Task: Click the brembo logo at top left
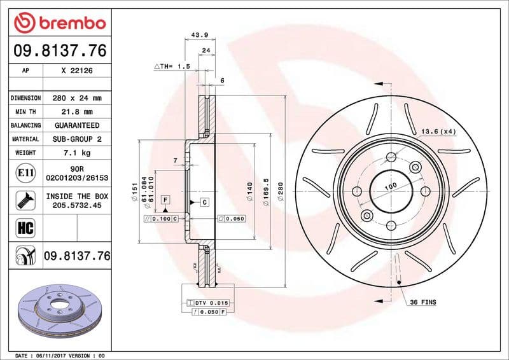click(59, 23)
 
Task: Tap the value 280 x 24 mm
click(77, 99)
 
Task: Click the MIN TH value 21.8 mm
click(77, 112)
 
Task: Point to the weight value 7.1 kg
click(77, 153)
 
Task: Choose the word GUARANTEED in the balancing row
click(77, 125)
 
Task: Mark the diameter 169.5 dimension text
click(266, 188)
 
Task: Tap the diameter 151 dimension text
click(135, 188)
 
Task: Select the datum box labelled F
click(165, 200)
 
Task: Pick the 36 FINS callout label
click(423, 302)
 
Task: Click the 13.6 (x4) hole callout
click(438, 131)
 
